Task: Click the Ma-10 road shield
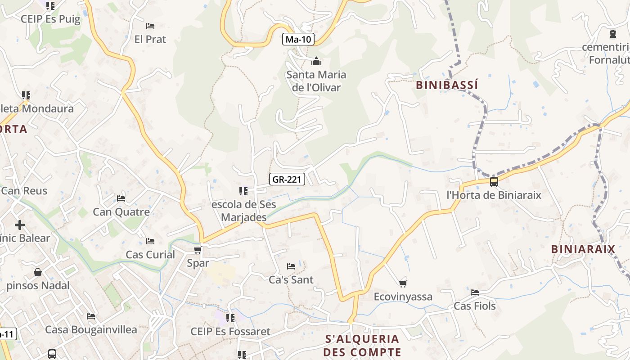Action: (x=298, y=39)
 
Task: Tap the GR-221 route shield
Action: (x=287, y=180)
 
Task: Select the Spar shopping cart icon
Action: (x=198, y=250)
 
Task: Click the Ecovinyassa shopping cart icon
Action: (x=403, y=283)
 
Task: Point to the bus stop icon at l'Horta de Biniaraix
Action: (x=494, y=182)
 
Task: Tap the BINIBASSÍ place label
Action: (x=447, y=85)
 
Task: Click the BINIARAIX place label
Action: (x=583, y=249)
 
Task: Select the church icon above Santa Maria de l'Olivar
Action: (x=316, y=61)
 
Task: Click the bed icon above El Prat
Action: (x=150, y=26)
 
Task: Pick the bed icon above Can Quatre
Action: (x=121, y=198)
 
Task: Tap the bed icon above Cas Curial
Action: (x=150, y=241)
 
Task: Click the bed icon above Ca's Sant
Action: (x=291, y=266)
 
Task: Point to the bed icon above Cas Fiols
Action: (x=475, y=292)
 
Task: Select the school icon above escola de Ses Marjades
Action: (x=243, y=191)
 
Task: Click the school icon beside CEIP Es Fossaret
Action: (x=230, y=318)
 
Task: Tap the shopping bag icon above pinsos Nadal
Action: (x=38, y=272)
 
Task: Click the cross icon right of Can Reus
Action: (x=20, y=225)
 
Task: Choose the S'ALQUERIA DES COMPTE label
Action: (x=362, y=345)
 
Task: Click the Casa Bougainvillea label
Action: (x=91, y=330)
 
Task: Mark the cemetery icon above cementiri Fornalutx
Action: (x=612, y=34)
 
